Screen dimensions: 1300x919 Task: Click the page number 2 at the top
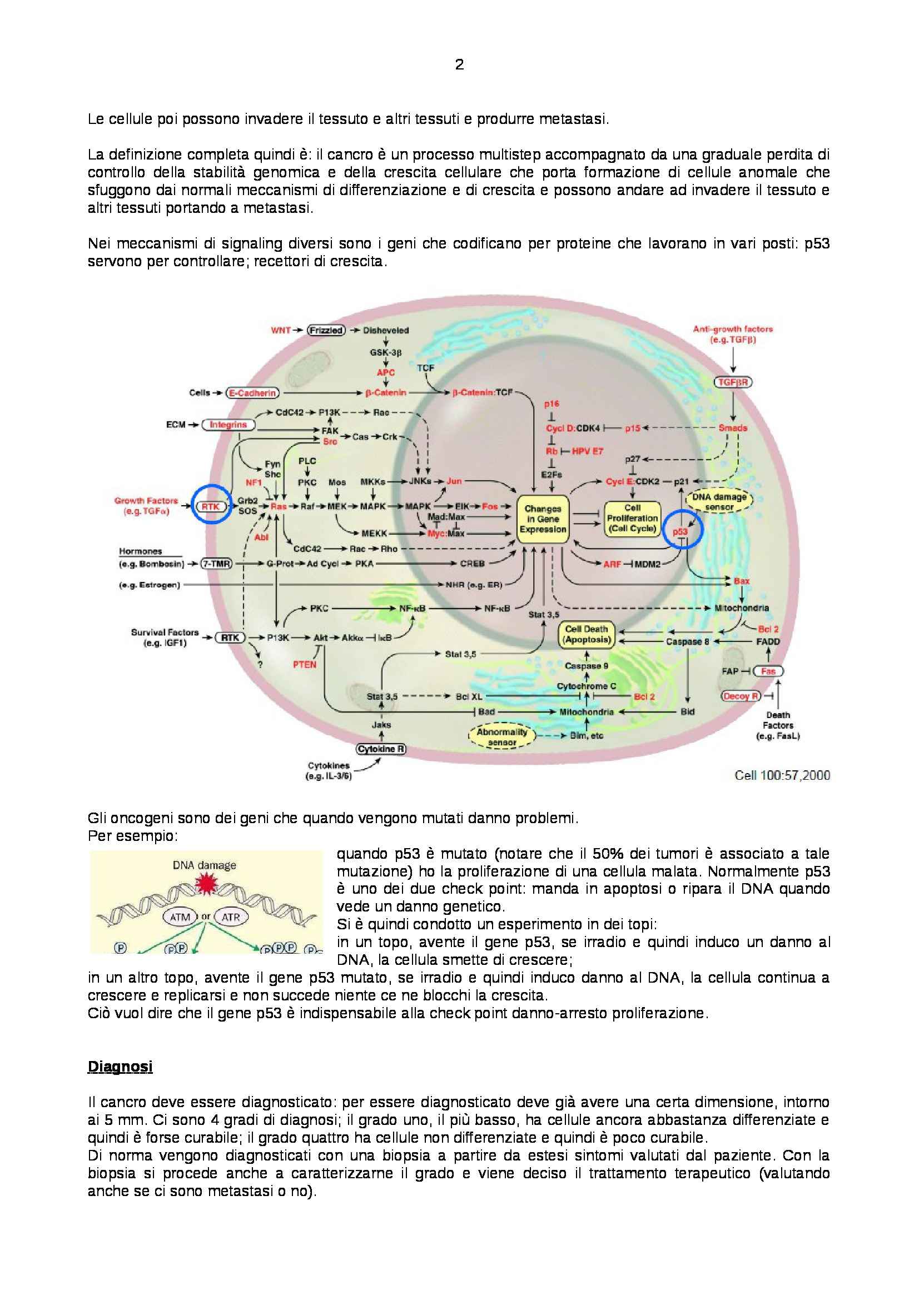[x=459, y=64]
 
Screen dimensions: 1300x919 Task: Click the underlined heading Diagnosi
[x=120, y=1067]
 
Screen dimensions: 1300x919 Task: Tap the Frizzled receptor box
[x=326, y=330]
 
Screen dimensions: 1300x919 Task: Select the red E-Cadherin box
[x=252, y=392]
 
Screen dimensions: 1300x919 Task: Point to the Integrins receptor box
[x=228, y=425]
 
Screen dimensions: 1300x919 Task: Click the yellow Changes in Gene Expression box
[x=543, y=519]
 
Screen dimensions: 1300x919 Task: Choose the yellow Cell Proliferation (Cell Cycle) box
[x=632, y=518]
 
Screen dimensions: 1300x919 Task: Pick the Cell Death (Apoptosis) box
[x=586, y=634]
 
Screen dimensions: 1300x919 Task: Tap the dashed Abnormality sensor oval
[x=501, y=736]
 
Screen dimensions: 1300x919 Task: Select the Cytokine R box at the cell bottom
[x=381, y=749]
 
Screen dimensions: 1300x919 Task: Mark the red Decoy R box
[x=741, y=696]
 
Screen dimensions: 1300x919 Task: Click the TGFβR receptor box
[x=733, y=382]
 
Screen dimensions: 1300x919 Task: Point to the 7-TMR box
[x=217, y=564]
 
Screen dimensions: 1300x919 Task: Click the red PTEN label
[x=305, y=664]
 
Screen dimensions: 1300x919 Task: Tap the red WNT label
[x=281, y=330]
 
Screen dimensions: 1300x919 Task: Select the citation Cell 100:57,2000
[x=782, y=775]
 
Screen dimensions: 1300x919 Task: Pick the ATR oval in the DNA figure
[x=231, y=917]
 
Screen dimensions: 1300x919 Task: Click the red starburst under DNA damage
[x=205, y=884]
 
